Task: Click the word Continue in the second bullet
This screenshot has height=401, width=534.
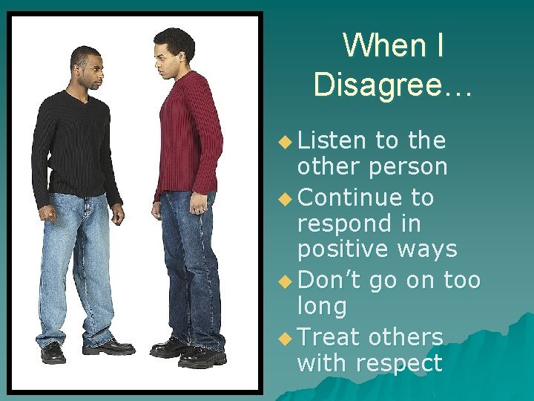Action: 350,197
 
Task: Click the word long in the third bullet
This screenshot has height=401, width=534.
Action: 321,306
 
